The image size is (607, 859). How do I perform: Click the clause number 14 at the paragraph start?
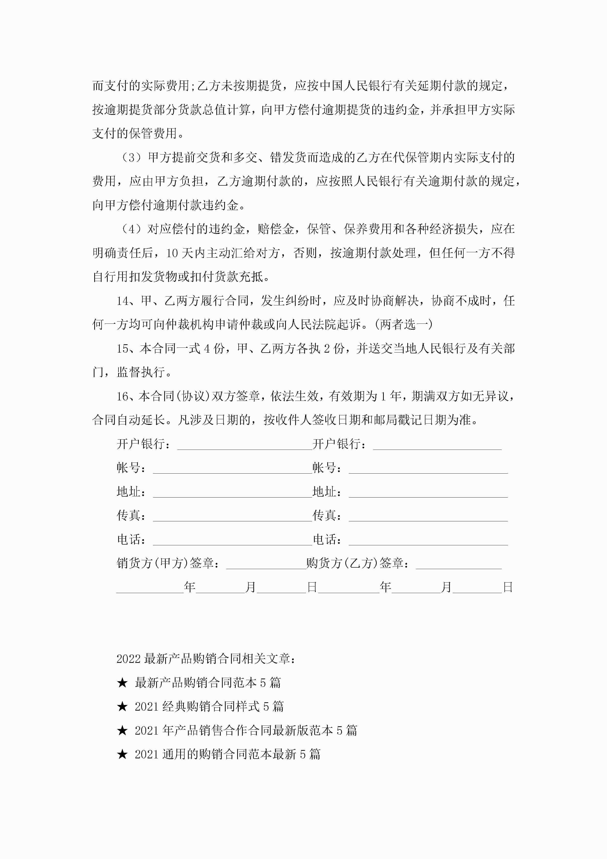click(122, 301)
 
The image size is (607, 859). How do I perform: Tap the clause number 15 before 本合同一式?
click(122, 349)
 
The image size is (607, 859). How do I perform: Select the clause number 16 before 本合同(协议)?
click(122, 396)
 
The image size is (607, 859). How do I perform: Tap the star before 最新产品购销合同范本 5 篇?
click(122, 683)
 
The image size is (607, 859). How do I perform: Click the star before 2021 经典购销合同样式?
click(122, 707)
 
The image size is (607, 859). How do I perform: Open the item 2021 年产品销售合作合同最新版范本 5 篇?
click(246, 730)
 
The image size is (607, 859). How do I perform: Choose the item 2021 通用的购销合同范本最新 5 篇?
click(227, 754)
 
